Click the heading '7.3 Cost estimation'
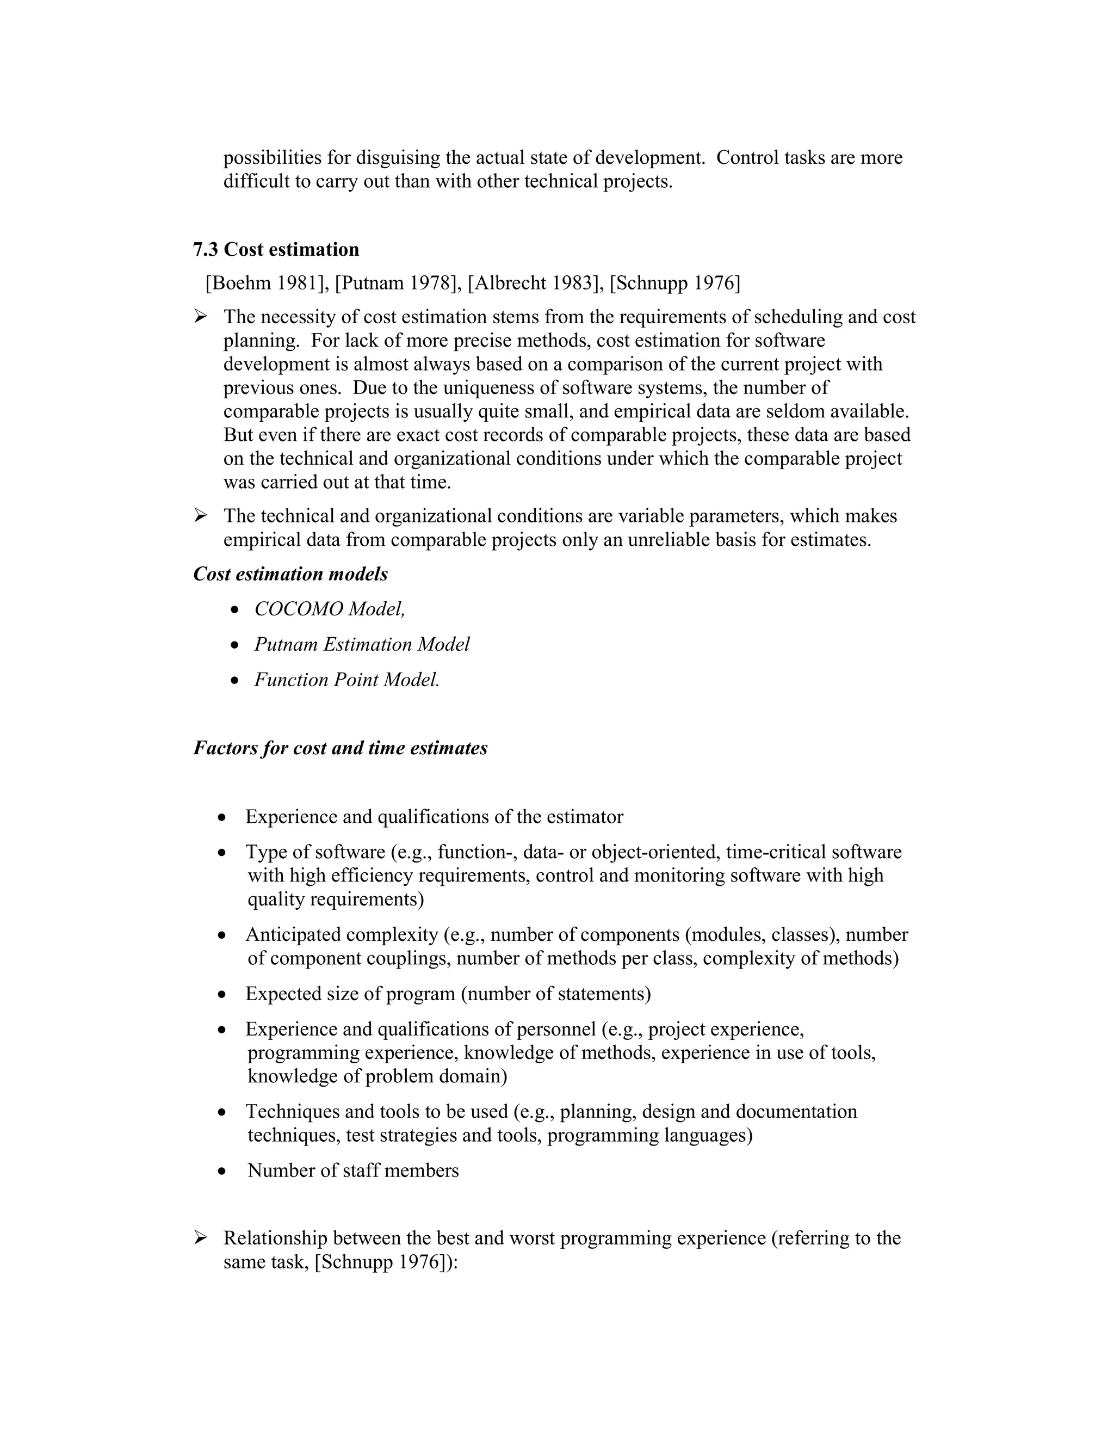point(276,250)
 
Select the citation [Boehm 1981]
point(267,284)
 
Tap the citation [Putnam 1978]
point(397,284)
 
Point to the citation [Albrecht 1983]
point(535,284)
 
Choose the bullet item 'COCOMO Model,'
point(329,609)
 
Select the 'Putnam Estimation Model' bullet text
point(362,644)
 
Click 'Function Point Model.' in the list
point(346,680)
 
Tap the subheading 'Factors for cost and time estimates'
point(341,748)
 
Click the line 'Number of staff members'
point(353,1170)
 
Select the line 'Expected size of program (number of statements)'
point(448,994)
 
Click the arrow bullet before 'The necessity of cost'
point(201,317)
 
